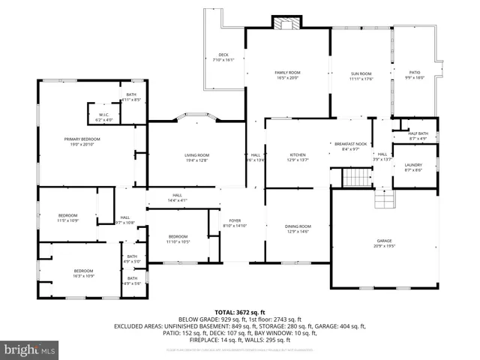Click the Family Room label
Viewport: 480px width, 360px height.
(x=288, y=75)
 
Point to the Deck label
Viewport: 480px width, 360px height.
(x=223, y=56)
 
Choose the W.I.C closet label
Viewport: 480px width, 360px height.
(x=104, y=117)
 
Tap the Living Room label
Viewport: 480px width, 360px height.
(x=196, y=157)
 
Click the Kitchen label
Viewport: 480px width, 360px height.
(x=298, y=157)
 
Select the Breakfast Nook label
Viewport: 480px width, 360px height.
(x=350, y=146)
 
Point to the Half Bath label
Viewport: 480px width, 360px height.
(x=418, y=136)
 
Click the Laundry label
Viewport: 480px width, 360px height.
(x=413, y=167)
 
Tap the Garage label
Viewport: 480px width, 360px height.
(x=384, y=243)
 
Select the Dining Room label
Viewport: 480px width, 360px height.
(x=298, y=228)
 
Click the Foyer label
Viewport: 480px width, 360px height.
(x=234, y=223)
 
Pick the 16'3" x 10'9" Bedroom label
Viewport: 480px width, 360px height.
(x=83, y=273)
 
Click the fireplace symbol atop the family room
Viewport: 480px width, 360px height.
(x=286, y=23)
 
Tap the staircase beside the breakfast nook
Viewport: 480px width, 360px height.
(x=356, y=178)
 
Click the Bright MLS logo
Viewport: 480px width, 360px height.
(x=30, y=349)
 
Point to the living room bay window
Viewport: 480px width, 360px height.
(x=196, y=117)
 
